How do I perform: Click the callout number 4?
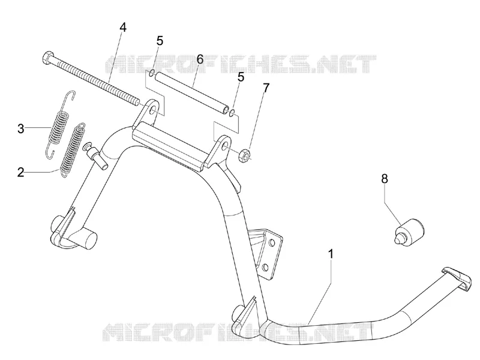[x=122, y=27]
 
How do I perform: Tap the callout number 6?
[x=200, y=59]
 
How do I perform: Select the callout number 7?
[x=266, y=88]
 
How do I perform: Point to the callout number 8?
[x=385, y=178]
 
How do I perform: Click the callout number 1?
[x=331, y=254]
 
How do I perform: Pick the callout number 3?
[x=20, y=128]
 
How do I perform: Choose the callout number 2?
[x=20, y=172]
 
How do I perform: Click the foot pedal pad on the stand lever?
[x=457, y=279]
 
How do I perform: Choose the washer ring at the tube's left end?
[x=151, y=73]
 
